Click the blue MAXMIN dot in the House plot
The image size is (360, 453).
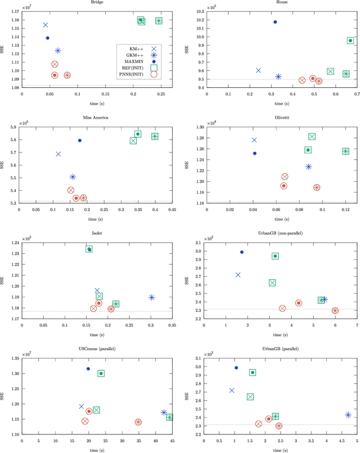(x=275, y=22)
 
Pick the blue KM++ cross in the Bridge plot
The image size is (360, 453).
(x=45, y=25)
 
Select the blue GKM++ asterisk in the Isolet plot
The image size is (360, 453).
(x=151, y=297)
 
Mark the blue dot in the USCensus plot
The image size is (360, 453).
(x=88, y=369)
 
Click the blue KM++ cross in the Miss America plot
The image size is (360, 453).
(x=58, y=154)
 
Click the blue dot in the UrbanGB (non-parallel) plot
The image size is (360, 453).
(x=242, y=252)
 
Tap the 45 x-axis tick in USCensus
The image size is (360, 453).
(x=172, y=441)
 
